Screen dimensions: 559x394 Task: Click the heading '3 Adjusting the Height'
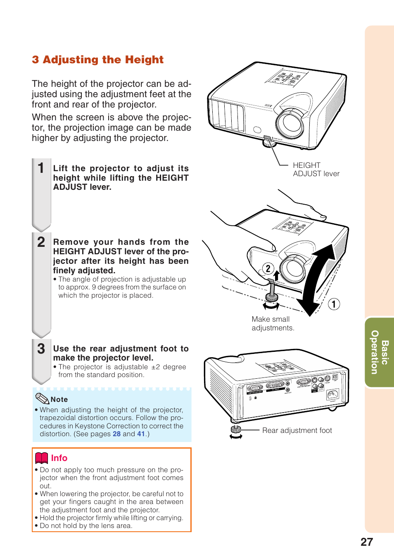click(98, 60)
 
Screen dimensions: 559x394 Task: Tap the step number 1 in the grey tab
click(41, 168)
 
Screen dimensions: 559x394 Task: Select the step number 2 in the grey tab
click(41, 242)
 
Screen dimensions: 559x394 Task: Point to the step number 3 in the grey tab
click(41, 349)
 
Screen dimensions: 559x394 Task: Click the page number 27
click(366, 542)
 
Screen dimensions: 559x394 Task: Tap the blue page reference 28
click(116, 434)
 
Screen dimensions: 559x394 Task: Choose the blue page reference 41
click(141, 434)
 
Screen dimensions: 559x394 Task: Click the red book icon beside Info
click(42, 458)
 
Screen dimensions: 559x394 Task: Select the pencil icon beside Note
click(42, 399)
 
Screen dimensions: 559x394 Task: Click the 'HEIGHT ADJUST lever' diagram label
click(316, 170)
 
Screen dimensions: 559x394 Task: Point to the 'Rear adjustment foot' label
click(297, 430)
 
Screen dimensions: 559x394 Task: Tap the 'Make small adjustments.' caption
click(273, 323)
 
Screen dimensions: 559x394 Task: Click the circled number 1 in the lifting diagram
click(334, 304)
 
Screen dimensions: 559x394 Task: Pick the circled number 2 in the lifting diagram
click(268, 269)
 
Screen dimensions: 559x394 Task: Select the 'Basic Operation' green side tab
click(380, 352)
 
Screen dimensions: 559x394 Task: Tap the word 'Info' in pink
click(59, 458)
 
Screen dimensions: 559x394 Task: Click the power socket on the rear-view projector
click(332, 394)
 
